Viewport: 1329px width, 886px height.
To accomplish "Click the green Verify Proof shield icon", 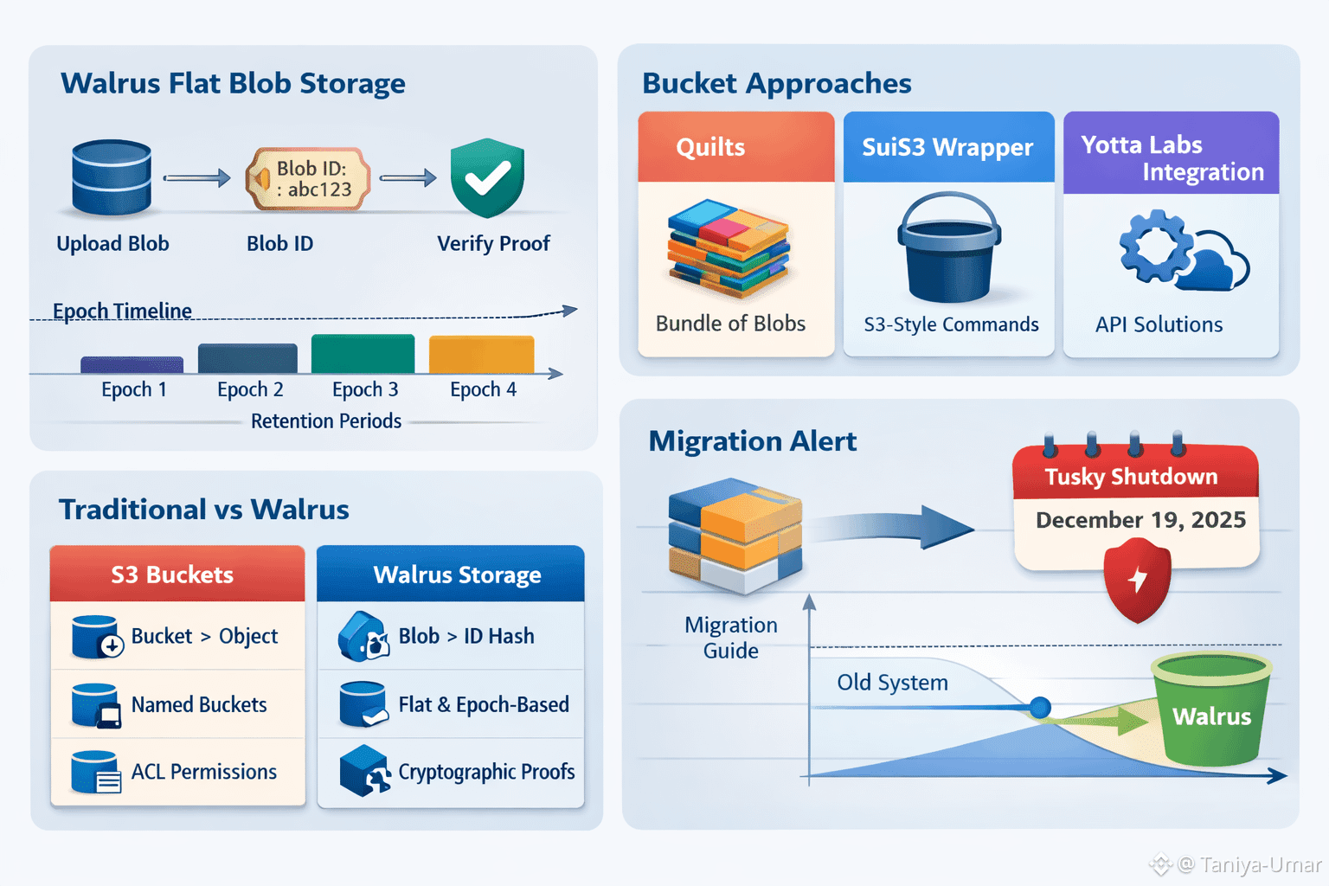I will click(487, 178).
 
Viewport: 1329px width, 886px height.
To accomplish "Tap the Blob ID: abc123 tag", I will click(310, 179).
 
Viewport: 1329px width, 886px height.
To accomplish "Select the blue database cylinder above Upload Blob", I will click(112, 177).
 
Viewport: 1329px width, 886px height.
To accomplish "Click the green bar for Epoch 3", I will click(363, 354).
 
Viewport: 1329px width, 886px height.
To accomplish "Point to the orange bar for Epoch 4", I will click(481, 355).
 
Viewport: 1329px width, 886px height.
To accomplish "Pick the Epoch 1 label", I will click(134, 390).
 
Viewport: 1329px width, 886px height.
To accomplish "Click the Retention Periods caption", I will click(326, 421).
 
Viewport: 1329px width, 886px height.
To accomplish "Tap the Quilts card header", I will click(735, 147).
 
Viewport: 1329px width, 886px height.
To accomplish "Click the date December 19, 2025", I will click(1140, 520).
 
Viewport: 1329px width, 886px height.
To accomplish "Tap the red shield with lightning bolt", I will click(1138, 579).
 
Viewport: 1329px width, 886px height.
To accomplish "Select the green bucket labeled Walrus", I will click(1210, 710).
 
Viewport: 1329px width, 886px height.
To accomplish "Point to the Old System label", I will click(892, 683).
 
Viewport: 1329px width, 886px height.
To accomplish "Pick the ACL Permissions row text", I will click(204, 772).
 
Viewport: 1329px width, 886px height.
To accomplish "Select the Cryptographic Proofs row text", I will click(486, 772).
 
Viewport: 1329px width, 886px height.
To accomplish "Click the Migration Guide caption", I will click(731, 638).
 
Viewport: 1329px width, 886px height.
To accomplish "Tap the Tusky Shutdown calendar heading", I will click(1131, 477).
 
